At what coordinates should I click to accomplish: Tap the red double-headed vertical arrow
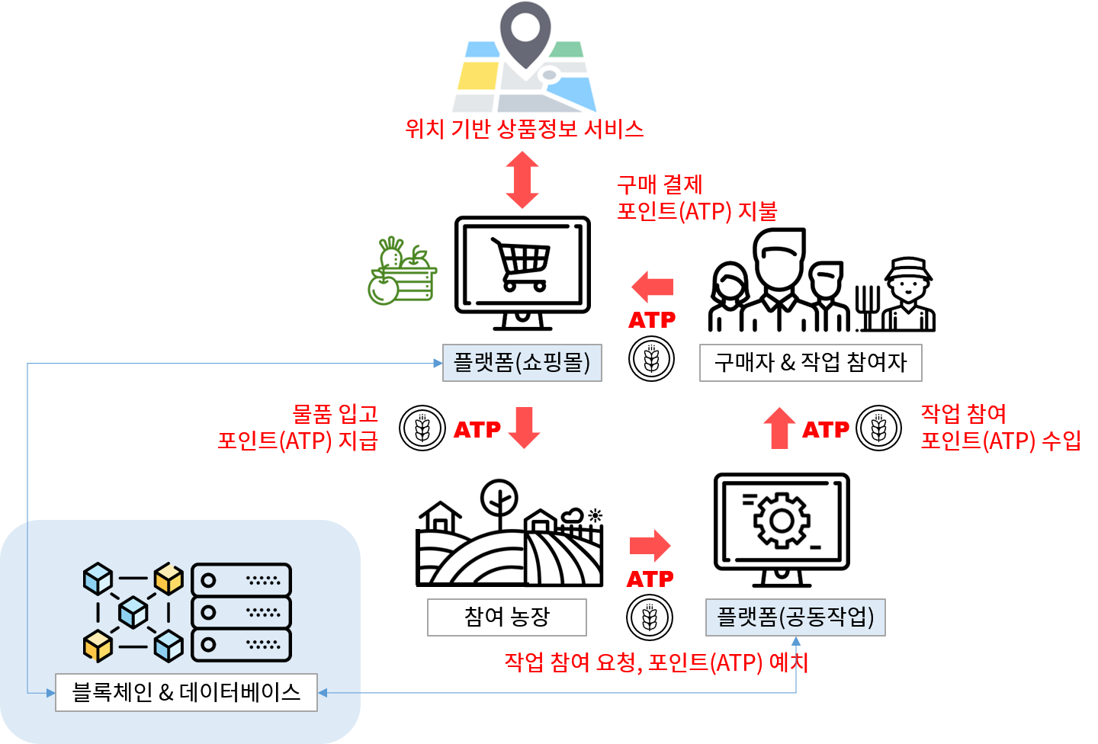[x=522, y=180]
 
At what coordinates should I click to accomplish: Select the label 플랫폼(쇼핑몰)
[x=522, y=362]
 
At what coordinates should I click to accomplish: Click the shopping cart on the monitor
[x=522, y=264]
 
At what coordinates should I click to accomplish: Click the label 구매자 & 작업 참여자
[x=811, y=362]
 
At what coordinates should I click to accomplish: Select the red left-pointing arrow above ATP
[x=653, y=287]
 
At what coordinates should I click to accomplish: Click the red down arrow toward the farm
[x=524, y=428]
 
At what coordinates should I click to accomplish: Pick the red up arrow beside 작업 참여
[x=779, y=428]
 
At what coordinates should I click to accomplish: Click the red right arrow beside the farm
[x=650, y=545]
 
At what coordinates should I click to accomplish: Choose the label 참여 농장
[x=507, y=617]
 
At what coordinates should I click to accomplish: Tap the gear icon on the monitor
[x=781, y=521]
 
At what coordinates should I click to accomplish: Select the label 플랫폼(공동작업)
[x=795, y=617]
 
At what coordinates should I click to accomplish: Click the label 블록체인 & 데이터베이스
[x=186, y=692]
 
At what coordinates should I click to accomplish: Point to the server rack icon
[x=241, y=612]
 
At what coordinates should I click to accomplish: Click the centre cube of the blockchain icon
[x=133, y=612]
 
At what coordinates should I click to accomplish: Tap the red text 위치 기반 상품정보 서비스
[x=524, y=129]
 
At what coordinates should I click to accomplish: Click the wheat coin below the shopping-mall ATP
[x=651, y=359]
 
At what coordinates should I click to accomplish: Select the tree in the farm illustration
[x=499, y=499]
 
